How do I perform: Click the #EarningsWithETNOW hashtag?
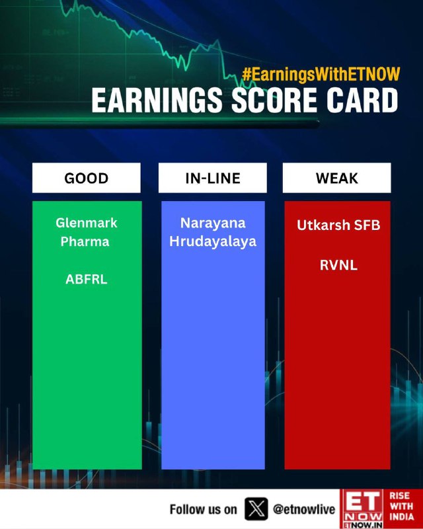321,75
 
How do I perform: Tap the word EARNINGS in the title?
157,101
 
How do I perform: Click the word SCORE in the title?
274,101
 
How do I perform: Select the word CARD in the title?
362,101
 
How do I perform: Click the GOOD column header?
87,178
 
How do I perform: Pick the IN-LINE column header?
213,178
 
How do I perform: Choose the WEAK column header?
336,178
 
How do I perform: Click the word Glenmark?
87,223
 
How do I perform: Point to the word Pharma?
85,241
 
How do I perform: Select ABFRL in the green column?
87,279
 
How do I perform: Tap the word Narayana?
213,223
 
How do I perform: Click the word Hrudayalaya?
213,241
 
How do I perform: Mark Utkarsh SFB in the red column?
338,225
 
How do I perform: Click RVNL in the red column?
338,265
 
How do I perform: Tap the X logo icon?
256,509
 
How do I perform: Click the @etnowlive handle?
304,509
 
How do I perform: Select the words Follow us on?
203,509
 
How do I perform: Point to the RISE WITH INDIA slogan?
401,506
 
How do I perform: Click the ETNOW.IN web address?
363,525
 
